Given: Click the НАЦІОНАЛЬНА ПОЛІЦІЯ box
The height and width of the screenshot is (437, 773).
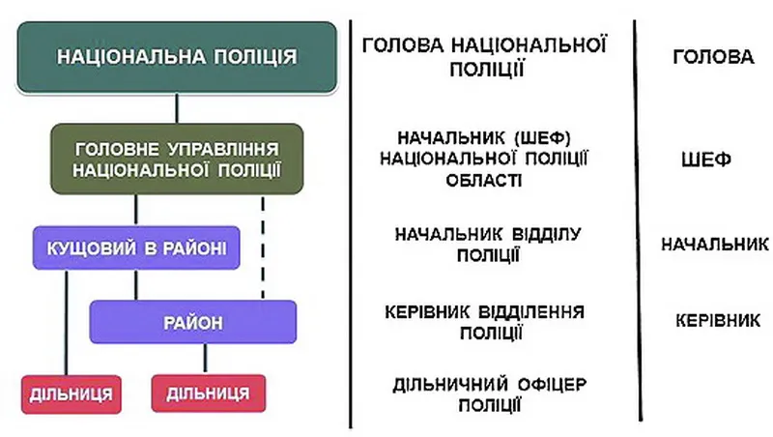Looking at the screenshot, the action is click(x=177, y=57).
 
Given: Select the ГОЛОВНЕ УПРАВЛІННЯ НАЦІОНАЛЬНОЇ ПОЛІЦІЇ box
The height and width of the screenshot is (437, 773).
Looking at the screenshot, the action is click(x=177, y=159).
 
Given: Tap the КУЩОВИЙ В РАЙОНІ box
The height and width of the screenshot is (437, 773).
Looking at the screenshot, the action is click(x=136, y=248).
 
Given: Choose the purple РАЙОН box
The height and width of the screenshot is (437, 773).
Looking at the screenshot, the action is click(x=192, y=322).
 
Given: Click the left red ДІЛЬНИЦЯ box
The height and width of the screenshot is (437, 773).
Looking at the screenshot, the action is click(x=71, y=394).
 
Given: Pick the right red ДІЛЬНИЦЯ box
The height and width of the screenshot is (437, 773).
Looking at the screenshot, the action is click(x=209, y=393).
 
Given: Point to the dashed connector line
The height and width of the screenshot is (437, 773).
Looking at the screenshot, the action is click(x=263, y=248).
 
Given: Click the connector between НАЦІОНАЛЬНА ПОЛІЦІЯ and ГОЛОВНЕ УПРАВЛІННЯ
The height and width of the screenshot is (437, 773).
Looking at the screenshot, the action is click(x=177, y=108).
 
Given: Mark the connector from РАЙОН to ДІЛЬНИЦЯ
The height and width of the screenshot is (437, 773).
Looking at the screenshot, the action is click(x=205, y=359).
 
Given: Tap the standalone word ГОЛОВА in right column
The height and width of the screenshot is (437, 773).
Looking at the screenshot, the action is click(x=713, y=57).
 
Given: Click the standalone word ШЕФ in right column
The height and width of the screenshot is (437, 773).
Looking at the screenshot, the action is click(x=706, y=160).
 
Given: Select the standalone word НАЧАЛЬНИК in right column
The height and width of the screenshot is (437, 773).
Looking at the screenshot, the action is click(x=715, y=244).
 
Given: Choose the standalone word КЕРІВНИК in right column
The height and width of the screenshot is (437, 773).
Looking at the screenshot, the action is click(x=718, y=321).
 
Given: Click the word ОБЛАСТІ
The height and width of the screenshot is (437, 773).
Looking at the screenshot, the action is click(x=484, y=181).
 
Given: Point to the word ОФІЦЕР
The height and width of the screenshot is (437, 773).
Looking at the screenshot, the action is click(x=552, y=384).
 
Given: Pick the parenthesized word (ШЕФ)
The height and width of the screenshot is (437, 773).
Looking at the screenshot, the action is click(x=542, y=137).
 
